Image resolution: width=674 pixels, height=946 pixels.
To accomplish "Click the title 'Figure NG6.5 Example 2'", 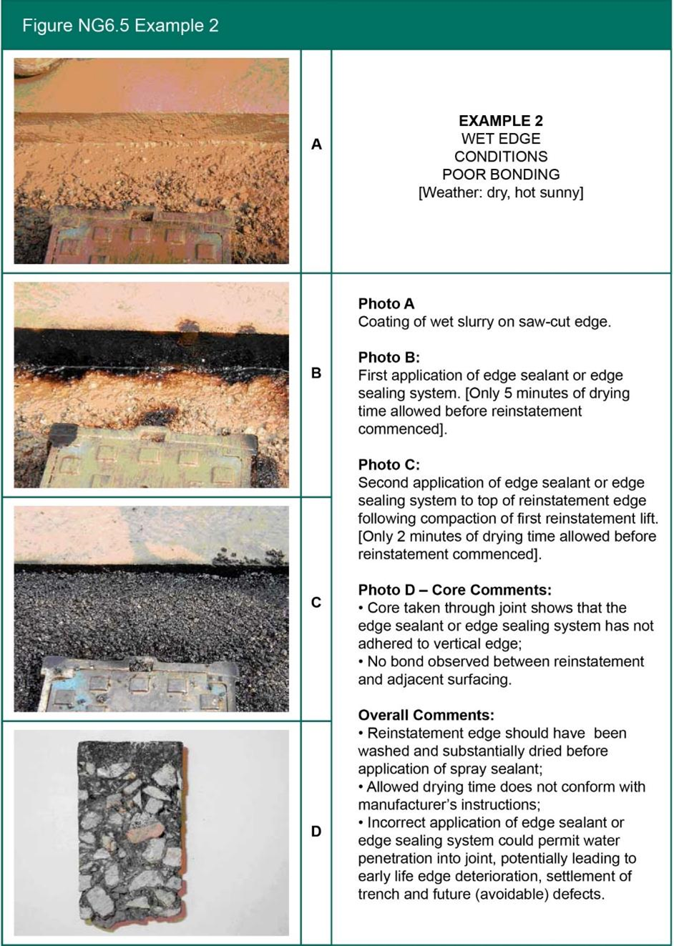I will click(x=120, y=26).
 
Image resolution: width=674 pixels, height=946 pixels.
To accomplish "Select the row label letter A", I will click(x=316, y=144).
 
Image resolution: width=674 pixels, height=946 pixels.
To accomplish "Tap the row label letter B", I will click(x=316, y=373).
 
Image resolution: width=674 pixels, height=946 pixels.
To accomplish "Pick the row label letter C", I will click(x=316, y=603).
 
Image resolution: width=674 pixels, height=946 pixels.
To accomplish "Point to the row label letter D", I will click(x=316, y=832).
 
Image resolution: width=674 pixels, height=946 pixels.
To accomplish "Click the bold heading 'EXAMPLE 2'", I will click(x=500, y=121).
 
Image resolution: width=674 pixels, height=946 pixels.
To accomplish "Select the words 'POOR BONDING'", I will click(x=500, y=174).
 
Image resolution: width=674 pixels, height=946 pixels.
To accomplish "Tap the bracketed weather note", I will click(x=500, y=192).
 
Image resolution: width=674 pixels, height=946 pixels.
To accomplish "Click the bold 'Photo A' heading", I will click(x=386, y=304).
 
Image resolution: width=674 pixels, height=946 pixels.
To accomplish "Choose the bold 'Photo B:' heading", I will click(x=389, y=358).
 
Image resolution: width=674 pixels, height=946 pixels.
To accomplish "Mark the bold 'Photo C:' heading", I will click(x=389, y=465).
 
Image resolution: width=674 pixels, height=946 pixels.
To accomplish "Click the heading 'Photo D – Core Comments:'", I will click(x=454, y=590).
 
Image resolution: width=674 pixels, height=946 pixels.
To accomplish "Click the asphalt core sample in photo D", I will click(x=132, y=833).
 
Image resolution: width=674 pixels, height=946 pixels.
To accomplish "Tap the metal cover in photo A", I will click(x=140, y=236).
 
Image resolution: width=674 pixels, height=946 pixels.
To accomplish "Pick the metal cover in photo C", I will click(x=140, y=683).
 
